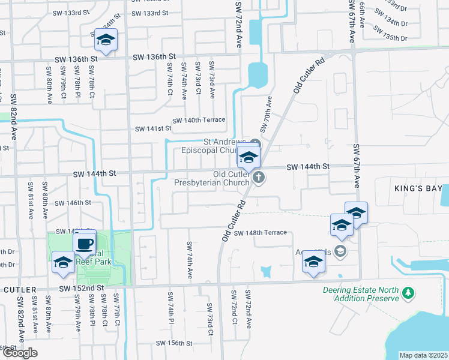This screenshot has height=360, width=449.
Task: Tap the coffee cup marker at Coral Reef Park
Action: click(x=85, y=243)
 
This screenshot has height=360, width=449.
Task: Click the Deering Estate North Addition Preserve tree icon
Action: click(x=408, y=293)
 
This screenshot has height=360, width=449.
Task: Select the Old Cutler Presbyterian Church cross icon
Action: click(x=259, y=176)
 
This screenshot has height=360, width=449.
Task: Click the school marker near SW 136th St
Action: click(x=106, y=40)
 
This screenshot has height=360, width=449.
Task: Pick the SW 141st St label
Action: click(x=153, y=128)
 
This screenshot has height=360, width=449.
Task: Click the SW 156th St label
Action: click(x=174, y=343)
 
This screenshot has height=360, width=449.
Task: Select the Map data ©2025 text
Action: click(x=423, y=355)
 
